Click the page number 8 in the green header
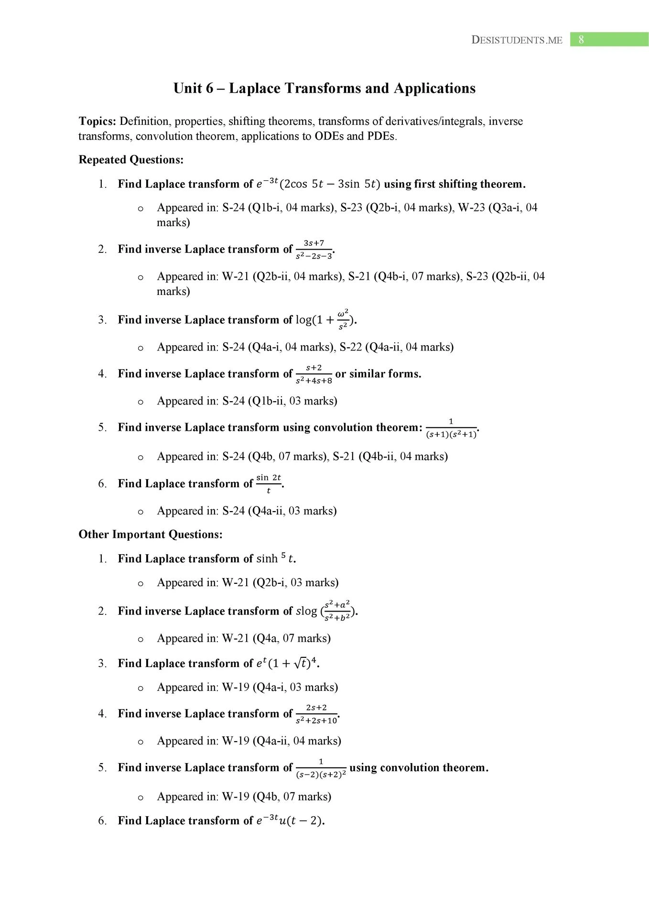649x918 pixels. (581, 40)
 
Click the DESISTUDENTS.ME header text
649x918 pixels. (517, 40)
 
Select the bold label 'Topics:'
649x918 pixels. (97, 121)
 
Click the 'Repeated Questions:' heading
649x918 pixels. (131, 160)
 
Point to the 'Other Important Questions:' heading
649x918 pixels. (151, 535)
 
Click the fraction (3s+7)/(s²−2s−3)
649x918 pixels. (314, 250)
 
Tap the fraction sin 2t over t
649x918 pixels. (269, 484)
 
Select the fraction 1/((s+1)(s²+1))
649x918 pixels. (451, 428)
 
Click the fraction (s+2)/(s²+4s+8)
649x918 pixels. (314, 374)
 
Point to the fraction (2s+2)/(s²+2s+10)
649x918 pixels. (316, 714)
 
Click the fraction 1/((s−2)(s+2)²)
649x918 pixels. (321, 768)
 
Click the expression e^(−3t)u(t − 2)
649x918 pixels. (290, 821)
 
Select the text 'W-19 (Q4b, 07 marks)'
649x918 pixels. (277, 797)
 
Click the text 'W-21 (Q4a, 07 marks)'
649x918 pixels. (276, 638)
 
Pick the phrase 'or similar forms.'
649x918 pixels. (378, 374)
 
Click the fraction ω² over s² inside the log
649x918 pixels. (343, 320)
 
